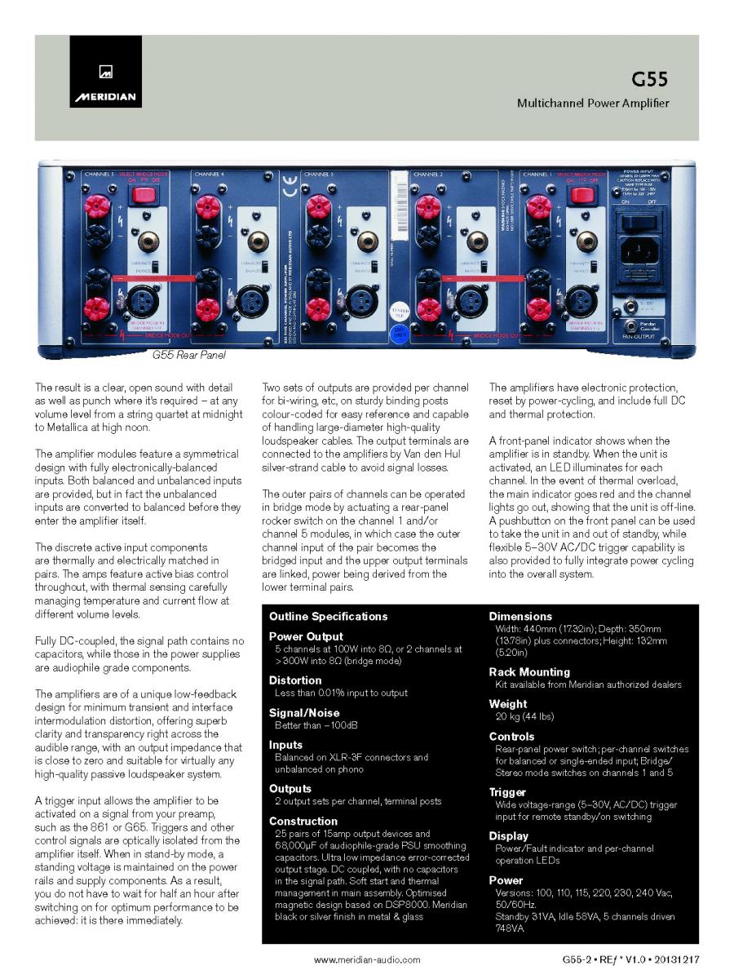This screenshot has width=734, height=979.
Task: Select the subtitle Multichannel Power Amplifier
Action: (x=593, y=104)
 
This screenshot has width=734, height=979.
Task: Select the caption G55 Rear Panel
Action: (x=188, y=356)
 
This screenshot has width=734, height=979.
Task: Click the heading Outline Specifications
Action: (x=328, y=616)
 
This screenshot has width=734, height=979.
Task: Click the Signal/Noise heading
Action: (x=304, y=712)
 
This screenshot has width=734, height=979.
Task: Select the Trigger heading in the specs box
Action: (x=507, y=792)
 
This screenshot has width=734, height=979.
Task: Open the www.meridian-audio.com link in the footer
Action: (x=367, y=960)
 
